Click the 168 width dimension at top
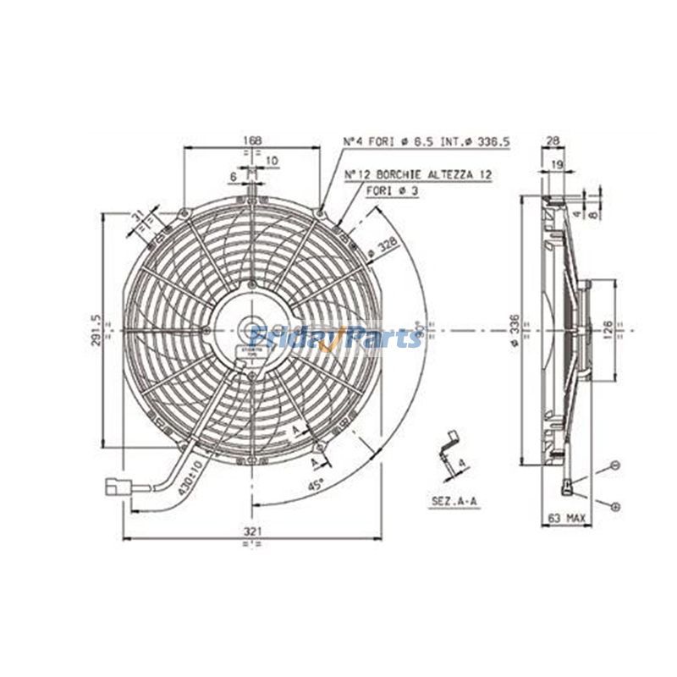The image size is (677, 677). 251,140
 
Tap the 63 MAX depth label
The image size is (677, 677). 568,517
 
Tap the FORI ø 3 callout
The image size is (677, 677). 392,191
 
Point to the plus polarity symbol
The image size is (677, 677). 615,505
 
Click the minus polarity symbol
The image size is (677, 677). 615,465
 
